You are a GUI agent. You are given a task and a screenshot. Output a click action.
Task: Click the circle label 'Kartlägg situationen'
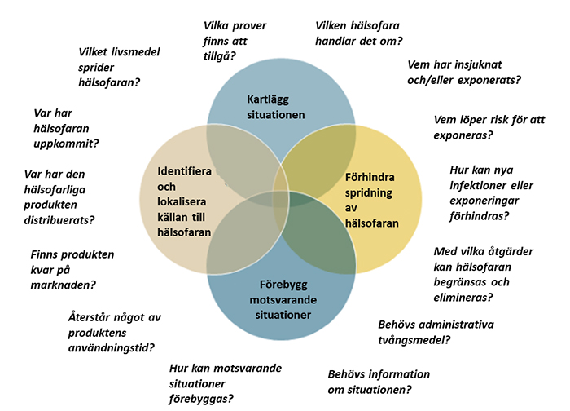[x=275, y=107]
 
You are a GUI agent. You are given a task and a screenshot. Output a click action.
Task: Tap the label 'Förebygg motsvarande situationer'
[x=280, y=299]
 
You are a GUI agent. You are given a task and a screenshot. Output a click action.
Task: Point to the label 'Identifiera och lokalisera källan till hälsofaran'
[x=185, y=201]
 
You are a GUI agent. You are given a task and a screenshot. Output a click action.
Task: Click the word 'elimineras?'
[x=463, y=298]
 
